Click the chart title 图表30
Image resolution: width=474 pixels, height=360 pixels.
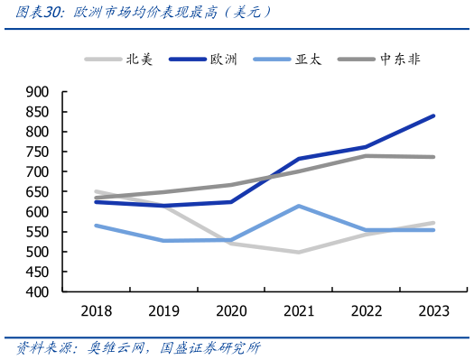point(136,13)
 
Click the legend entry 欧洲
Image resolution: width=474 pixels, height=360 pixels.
point(225,60)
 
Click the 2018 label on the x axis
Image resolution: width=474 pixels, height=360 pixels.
point(96,311)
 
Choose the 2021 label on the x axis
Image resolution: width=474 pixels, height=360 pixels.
point(299,311)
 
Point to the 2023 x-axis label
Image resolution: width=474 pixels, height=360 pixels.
point(433,311)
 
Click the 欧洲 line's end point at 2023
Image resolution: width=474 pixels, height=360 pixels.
point(433,115)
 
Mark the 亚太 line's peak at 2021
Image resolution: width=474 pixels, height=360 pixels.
point(299,206)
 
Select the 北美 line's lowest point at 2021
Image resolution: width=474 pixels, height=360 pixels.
point(299,252)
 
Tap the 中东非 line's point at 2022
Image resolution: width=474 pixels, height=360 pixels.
point(366,155)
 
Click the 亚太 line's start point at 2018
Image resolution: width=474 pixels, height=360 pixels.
point(96,225)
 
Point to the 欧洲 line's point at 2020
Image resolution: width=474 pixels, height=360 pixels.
point(231,201)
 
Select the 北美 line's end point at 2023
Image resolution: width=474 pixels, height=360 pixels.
point(433,223)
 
